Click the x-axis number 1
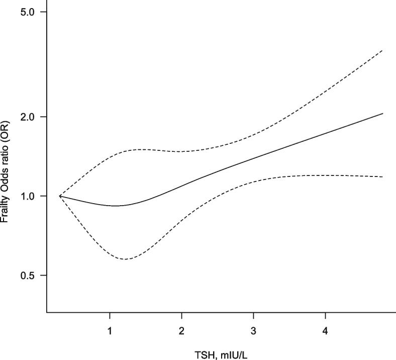point(110,331)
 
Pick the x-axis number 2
point(181,331)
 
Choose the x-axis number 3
point(254,331)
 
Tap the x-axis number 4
point(325,331)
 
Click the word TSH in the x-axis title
point(204,355)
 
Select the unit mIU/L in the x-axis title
point(234,355)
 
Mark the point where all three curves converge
point(60,196)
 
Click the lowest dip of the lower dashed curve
point(124,259)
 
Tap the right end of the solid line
point(383,114)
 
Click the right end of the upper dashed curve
point(383,50)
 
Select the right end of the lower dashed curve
point(383,177)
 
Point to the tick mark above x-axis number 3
point(254,316)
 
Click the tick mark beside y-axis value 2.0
point(43,117)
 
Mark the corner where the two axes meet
point(47,313)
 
